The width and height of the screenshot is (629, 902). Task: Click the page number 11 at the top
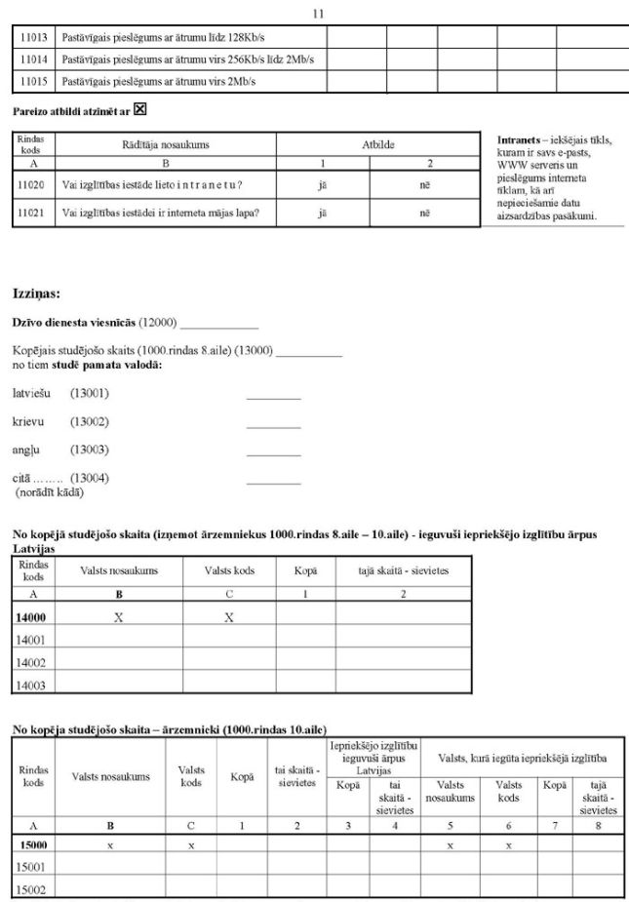click(318, 14)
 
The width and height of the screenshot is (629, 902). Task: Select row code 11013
click(33, 36)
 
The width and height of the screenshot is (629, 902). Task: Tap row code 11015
click(33, 82)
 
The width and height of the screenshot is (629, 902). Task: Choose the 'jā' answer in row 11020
click(323, 184)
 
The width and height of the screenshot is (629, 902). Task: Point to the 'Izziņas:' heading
click(37, 294)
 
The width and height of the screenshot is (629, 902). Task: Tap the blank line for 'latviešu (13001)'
click(273, 399)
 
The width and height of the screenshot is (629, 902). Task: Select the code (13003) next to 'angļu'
click(89, 450)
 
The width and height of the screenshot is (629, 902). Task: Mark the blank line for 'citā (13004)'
click(273, 483)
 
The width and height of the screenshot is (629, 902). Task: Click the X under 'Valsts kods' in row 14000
click(229, 617)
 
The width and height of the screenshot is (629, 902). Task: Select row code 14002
click(33, 662)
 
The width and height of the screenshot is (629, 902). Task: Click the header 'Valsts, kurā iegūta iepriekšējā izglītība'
click(524, 758)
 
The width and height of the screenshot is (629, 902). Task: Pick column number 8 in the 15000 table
click(598, 825)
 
